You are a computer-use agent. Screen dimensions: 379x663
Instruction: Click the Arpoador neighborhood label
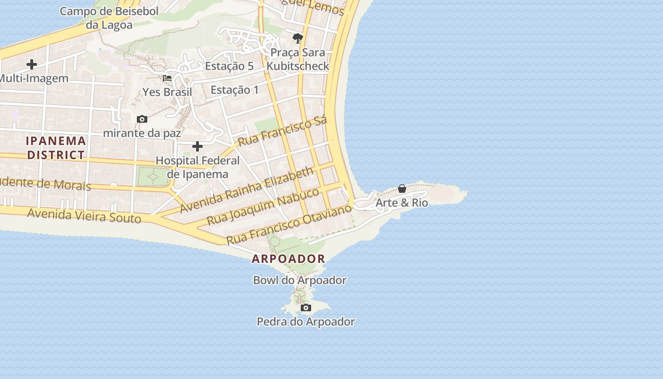tap(288, 259)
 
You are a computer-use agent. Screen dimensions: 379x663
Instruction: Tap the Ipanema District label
tap(56, 148)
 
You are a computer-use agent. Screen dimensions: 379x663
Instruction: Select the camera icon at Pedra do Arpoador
tap(306, 308)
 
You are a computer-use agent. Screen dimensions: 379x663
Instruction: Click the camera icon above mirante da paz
tap(142, 119)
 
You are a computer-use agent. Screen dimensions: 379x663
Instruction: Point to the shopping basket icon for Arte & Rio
tap(402, 189)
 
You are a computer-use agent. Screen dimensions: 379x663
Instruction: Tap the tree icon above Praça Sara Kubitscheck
tap(297, 38)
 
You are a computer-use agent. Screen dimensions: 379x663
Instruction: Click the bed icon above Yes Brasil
tap(167, 78)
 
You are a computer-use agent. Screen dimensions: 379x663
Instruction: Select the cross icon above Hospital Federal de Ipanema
tap(197, 146)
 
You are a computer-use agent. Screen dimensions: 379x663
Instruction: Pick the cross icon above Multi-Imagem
tap(32, 64)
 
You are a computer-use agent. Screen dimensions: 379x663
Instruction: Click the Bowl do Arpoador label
tap(300, 280)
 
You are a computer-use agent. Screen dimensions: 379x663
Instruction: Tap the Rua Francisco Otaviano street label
tap(290, 225)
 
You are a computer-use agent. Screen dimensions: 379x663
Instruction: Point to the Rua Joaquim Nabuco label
tap(263, 206)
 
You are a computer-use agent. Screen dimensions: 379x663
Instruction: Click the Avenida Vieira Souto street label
tap(84, 216)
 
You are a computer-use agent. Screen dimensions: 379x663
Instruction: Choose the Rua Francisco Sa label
tap(282, 131)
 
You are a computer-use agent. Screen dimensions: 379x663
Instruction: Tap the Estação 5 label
tap(229, 66)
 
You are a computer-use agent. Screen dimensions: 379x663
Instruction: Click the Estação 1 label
tap(234, 90)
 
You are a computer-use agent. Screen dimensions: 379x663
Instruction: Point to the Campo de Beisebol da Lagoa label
tap(109, 18)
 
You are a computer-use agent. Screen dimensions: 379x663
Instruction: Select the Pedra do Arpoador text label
tap(306, 322)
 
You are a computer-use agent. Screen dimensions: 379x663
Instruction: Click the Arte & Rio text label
tap(402, 203)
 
